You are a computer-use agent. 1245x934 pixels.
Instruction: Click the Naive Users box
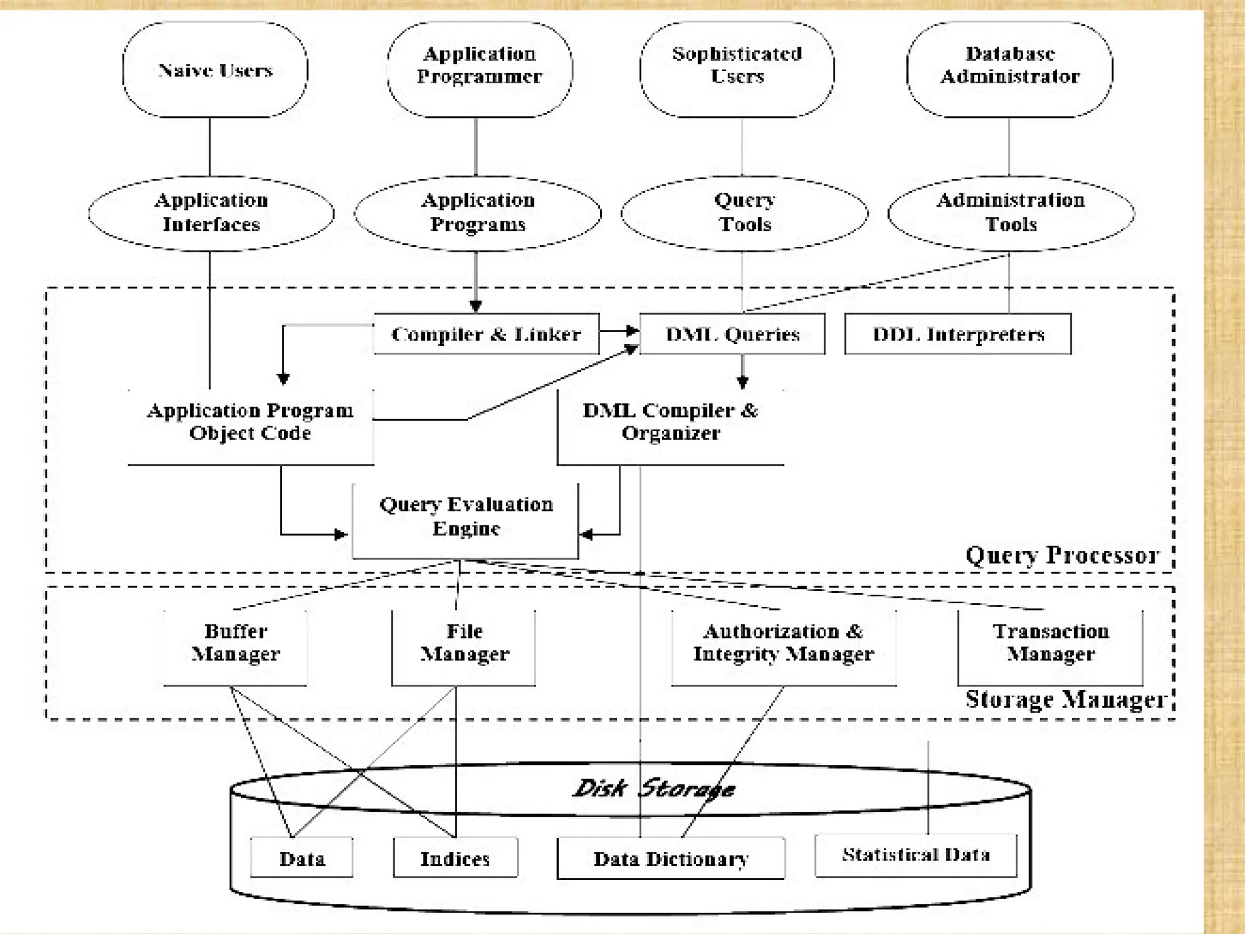click(215, 70)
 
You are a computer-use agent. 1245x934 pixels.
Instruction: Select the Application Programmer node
click(479, 66)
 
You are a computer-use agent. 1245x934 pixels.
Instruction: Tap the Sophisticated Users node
click(737, 66)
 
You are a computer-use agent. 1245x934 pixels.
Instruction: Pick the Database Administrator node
click(1010, 66)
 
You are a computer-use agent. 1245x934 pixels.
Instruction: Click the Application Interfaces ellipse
click(211, 213)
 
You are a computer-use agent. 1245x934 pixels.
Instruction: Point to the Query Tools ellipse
click(745, 213)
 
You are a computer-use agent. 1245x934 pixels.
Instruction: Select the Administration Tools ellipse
click(1010, 213)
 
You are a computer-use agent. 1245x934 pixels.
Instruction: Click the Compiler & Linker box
click(486, 334)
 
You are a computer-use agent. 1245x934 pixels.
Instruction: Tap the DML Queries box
click(732, 334)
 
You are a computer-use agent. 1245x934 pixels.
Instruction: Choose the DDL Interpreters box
click(958, 334)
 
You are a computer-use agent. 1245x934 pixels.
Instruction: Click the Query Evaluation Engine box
click(466, 517)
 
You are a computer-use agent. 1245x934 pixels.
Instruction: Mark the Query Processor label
click(1062, 555)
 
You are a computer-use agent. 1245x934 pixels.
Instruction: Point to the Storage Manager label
click(1065, 699)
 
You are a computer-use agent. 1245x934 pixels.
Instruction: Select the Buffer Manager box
click(235, 643)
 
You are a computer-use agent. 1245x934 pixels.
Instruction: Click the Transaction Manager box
click(1050, 643)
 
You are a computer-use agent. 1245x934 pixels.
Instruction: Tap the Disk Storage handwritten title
click(654, 789)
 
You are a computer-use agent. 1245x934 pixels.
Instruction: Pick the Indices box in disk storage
click(455, 858)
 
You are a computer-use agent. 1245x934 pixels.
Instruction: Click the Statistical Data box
click(916, 855)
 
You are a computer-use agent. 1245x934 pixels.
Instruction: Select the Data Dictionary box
click(671, 858)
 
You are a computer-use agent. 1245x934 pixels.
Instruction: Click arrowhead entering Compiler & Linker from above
click(476, 306)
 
